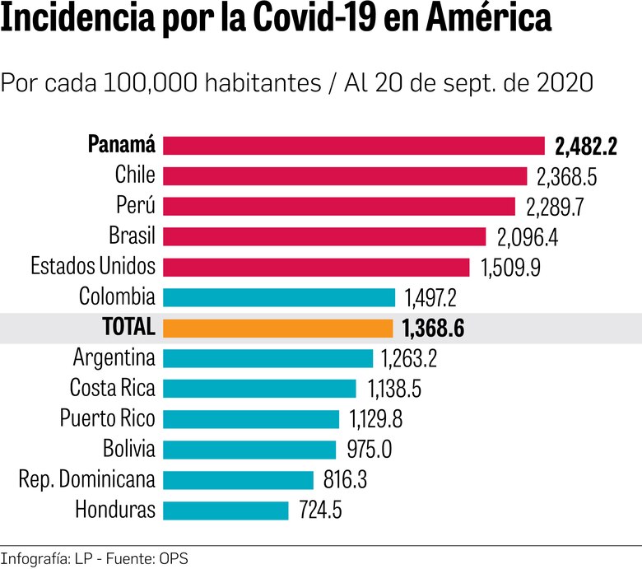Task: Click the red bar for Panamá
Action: (x=354, y=146)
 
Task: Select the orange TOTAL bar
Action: (x=278, y=328)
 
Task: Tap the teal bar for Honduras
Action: (x=226, y=510)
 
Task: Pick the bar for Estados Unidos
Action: (x=316, y=267)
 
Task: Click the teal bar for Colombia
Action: (x=279, y=297)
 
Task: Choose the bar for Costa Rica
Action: (x=259, y=388)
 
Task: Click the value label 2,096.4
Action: (x=528, y=237)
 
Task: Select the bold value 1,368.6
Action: (x=433, y=329)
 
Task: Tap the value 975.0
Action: (x=370, y=450)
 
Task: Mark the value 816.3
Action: (x=347, y=480)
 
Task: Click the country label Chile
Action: (x=135, y=175)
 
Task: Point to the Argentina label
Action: (x=114, y=358)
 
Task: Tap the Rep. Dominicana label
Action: (x=86, y=479)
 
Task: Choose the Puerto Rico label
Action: (x=107, y=418)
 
